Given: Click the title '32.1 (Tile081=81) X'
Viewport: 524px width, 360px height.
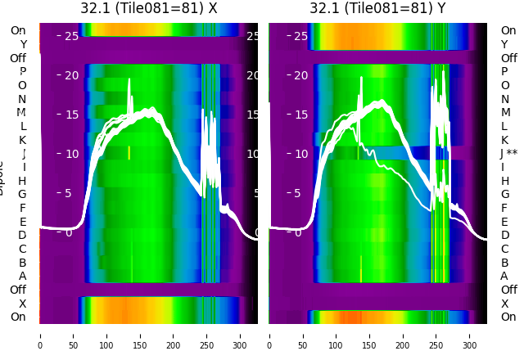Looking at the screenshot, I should click(148, 8).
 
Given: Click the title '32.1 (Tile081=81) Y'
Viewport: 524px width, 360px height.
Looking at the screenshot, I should click(377, 8).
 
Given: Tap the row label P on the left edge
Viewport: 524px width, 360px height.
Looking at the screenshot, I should click(22, 71).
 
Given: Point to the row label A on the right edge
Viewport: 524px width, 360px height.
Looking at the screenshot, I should click(504, 276).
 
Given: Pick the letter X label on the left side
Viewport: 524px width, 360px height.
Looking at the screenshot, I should click(22, 304).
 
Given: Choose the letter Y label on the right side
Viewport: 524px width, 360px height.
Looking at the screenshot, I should click(504, 44).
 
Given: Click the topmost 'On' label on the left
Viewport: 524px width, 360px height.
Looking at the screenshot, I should click(18, 30).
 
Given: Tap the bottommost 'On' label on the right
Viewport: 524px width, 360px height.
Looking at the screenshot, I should click(508, 317).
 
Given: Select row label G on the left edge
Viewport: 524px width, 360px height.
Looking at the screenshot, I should click(22, 194).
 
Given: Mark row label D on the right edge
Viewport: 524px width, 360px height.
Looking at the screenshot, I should click(504, 235).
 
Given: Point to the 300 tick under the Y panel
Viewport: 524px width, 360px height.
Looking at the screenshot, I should click(470, 335).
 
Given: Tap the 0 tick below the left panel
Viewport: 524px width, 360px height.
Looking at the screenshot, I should click(39, 335).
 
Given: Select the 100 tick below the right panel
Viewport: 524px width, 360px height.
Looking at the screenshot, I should click(337, 335).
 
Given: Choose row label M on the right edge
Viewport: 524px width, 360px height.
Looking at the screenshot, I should click(505, 112).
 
